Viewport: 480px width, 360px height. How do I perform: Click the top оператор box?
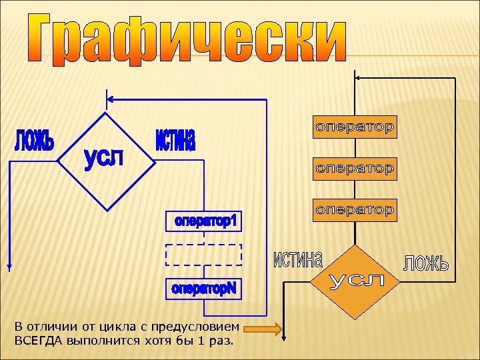[x=355, y=127]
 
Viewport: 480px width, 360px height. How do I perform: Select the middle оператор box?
[x=355, y=169]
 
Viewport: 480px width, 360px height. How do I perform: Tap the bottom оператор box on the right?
[x=355, y=210]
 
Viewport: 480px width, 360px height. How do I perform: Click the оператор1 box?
[x=205, y=221]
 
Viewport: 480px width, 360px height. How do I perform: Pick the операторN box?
[x=205, y=289]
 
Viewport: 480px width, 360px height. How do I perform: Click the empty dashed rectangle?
[x=203, y=255]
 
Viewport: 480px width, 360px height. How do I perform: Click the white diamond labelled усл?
[x=106, y=160]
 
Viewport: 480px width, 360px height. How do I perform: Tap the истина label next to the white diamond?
[x=175, y=141]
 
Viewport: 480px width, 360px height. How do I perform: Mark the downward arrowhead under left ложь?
[x=10, y=267]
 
